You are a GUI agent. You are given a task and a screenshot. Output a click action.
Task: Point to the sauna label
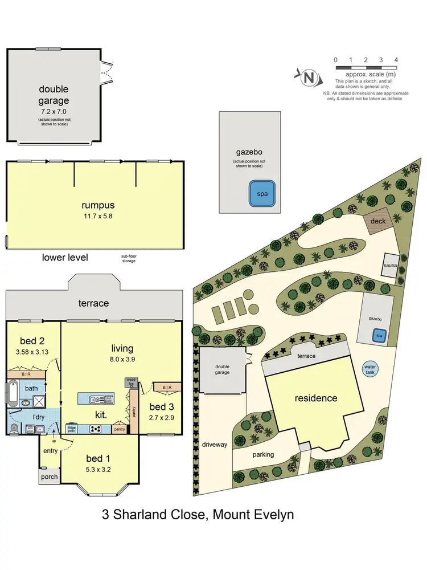click(389, 266)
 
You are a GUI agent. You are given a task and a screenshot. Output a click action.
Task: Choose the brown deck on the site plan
click(379, 222)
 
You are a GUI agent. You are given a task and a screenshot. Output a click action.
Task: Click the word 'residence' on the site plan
click(316, 398)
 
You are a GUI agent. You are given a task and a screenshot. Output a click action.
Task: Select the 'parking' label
click(264, 454)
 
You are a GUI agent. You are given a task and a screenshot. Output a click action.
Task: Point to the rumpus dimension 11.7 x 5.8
click(95, 216)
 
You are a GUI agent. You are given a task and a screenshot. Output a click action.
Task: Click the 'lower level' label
click(65, 257)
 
